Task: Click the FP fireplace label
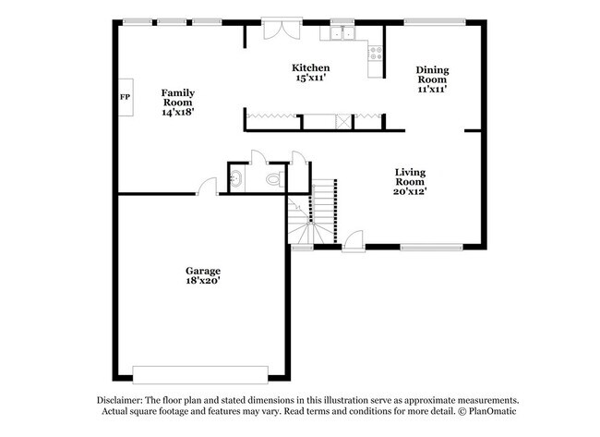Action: (124, 97)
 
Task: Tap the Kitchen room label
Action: (311, 67)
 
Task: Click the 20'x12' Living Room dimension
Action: (410, 191)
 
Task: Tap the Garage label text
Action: (201, 270)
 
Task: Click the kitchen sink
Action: (343, 33)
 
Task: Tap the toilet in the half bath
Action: (272, 179)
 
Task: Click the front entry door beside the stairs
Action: (352, 242)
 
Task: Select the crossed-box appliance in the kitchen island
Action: (342, 120)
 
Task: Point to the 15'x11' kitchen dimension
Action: (311, 79)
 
